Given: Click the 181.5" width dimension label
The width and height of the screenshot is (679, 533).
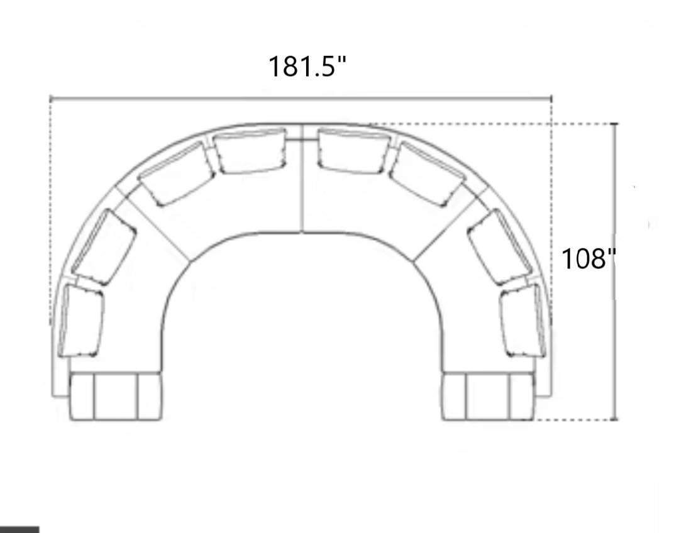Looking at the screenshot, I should point(307,66).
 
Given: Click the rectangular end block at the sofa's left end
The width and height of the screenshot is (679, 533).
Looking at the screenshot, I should point(114,396).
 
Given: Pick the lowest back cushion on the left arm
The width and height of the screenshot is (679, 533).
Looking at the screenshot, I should point(82,321).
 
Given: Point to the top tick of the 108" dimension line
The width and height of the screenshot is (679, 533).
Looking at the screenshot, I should point(615,124).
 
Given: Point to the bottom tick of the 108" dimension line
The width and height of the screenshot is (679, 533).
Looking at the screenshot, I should point(615,419).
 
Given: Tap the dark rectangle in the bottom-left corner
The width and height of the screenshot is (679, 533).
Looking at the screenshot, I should point(19,529).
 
